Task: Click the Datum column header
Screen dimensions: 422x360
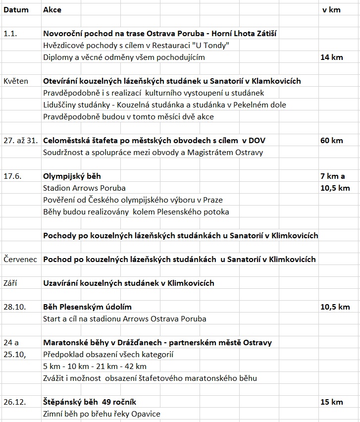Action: tap(16, 9)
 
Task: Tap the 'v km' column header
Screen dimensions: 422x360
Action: tap(331, 9)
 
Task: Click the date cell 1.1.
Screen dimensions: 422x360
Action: tap(10, 34)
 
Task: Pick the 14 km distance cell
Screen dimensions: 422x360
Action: tap(331, 57)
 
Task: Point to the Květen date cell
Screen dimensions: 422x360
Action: tap(16, 81)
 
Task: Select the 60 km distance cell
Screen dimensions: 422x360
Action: tap(331, 140)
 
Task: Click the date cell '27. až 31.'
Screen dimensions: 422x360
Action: tap(20, 140)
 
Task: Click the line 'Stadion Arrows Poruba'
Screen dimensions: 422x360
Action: tap(84, 188)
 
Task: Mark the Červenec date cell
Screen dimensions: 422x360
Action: tap(20, 259)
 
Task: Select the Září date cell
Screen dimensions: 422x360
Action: tap(11, 283)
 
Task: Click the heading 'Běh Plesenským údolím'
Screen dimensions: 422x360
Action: tap(88, 307)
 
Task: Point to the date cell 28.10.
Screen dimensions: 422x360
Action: tap(14, 307)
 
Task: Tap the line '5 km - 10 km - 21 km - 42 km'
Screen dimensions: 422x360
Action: tap(95, 367)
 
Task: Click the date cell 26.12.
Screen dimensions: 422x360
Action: tap(14, 402)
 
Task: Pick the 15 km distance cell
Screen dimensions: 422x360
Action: tap(331, 402)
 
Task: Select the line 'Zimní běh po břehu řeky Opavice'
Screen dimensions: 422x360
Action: tap(102, 414)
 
